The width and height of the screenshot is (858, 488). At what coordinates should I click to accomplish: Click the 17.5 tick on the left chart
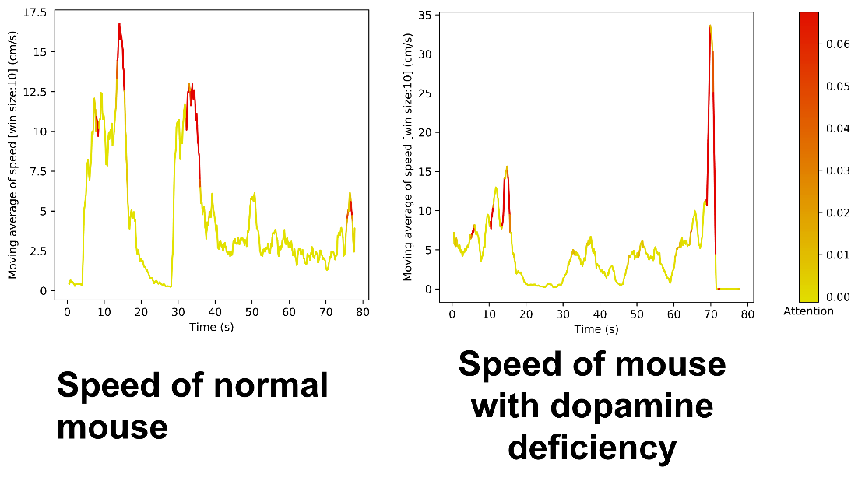pyautogui.click(x=36, y=12)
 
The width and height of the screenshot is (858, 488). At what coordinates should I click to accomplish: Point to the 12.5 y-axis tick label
pyautogui.click(x=36, y=92)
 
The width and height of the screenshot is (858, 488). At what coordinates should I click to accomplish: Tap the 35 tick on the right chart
pyautogui.click(x=424, y=15)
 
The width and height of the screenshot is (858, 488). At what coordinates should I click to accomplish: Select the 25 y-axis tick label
pyautogui.click(x=424, y=93)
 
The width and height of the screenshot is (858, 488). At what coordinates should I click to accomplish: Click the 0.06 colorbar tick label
pyautogui.click(x=836, y=44)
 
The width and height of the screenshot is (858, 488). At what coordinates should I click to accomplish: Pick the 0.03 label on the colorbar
pyautogui.click(x=836, y=170)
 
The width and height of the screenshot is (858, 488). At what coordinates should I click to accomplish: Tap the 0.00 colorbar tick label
pyautogui.click(x=836, y=297)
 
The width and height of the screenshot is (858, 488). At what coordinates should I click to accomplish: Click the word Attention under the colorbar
pyautogui.click(x=808, y=311)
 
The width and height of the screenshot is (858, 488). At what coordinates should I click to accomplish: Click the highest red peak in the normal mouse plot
pyautogui.click(x=120, y=25)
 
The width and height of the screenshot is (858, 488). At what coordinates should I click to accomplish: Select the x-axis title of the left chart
pyautogui.click(x=211, y=327)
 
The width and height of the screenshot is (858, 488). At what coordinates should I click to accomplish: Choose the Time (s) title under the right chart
pyautogui.click(x=596, y=329)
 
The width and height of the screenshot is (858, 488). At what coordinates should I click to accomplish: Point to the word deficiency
pyautogui.click(x=591, y=447)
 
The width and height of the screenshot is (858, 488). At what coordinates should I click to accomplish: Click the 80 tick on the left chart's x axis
pyautogui.click(x=363, y=312)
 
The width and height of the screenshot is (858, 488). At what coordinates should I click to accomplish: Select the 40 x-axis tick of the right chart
pyautogui.click(x=600, y=314)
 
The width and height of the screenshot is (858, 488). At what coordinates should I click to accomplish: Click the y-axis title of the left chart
pyautogui.click(x=13, y=156)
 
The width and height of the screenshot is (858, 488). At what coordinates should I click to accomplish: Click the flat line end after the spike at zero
pyautogui.click(x=737, y=289)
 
